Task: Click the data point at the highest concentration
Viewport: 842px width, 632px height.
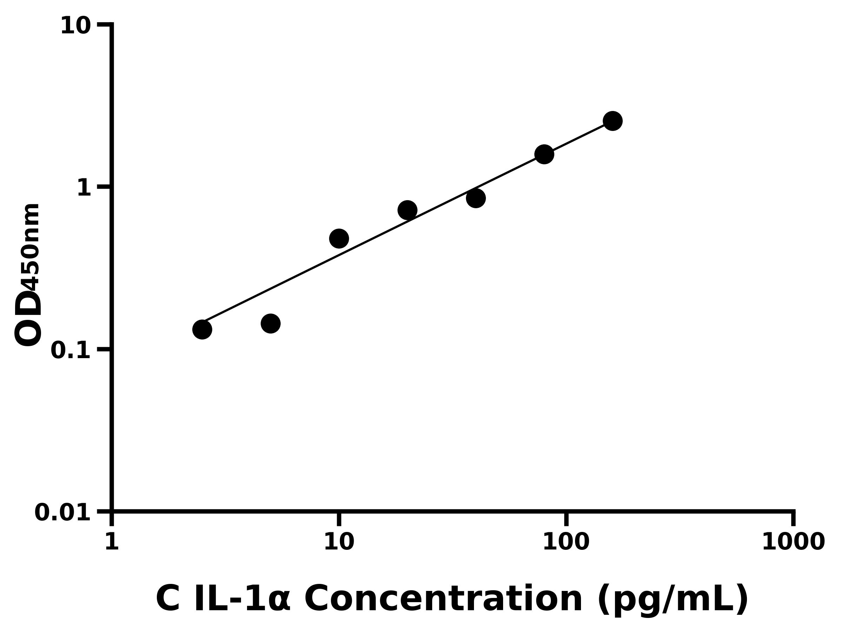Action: [x=613, y=121]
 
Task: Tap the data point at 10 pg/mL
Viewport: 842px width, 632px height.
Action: [x=339, y=238]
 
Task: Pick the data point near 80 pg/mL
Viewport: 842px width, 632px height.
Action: [x=544, y=154]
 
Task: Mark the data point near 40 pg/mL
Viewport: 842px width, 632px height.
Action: [x=476, y=198]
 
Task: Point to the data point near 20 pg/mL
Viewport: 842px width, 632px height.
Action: [x=407, y=210]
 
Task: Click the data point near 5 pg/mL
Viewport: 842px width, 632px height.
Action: [x=270, y=323]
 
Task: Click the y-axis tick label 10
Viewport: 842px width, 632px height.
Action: [x=76, y=26]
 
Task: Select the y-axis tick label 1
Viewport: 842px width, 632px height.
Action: [x=84, y=188]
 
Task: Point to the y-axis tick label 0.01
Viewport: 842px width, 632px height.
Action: [x=63, y=512]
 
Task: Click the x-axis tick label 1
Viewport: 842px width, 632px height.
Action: [x=112, y=541]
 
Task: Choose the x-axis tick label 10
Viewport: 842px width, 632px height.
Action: [x=339, y=541]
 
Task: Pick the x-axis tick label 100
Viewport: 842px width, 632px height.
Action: [x=566, y=541]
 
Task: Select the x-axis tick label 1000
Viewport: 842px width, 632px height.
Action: [x=793, y=541]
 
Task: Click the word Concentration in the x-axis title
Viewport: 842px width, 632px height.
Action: [x=443, y=599]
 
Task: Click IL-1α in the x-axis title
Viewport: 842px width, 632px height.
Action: [x=242, y=599]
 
